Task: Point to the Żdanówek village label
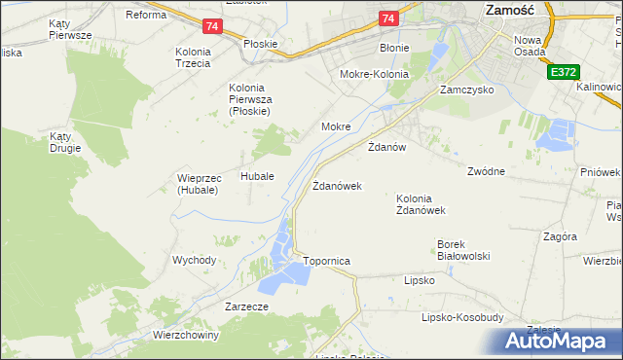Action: point(337,185)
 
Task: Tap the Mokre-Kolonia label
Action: point(373,74)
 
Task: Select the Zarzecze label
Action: point(246,306)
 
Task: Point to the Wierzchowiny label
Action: point(186,334)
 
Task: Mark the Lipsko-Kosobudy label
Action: point(462,317)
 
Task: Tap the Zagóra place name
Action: point(561,236)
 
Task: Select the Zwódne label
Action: point(486,171)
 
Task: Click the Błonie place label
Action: point(395,47)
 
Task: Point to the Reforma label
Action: point(146,15)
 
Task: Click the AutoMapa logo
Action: point(556,342)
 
